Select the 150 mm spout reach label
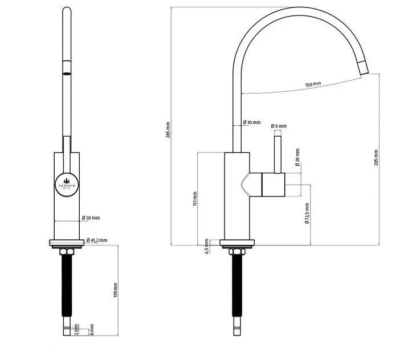tap(313, 84)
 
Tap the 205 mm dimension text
tap(376, 157)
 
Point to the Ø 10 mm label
tap(251, 122)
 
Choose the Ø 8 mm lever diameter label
tap(279, 126)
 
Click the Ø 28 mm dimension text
tap(298, 158)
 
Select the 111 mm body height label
tap(194, 198)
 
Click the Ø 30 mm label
tap(91, 218)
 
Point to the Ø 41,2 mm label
tap(97, 240)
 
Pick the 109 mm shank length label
tap(115, 291)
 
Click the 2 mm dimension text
tap(76, 331)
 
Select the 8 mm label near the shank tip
tap(91, 331)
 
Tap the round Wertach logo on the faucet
tap(67, 185)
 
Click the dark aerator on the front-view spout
tap(67, 73)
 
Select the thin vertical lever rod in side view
tap(279, 153)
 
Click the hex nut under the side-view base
tap(235, 251)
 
